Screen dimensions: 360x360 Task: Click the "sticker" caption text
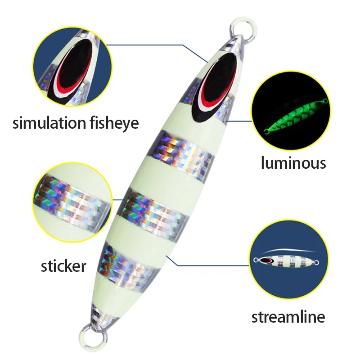coord(63,265)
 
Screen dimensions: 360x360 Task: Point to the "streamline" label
coord(288,317)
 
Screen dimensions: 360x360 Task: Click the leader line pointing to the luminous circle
coord(238,121)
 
